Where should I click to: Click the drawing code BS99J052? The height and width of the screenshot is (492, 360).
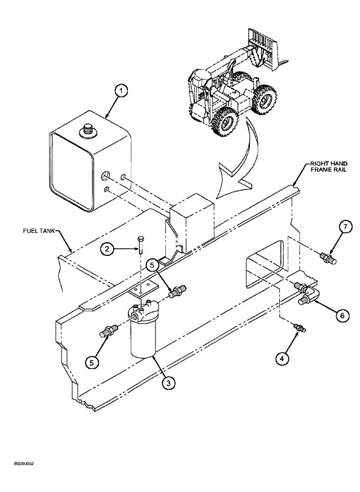(x=24, y=463)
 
